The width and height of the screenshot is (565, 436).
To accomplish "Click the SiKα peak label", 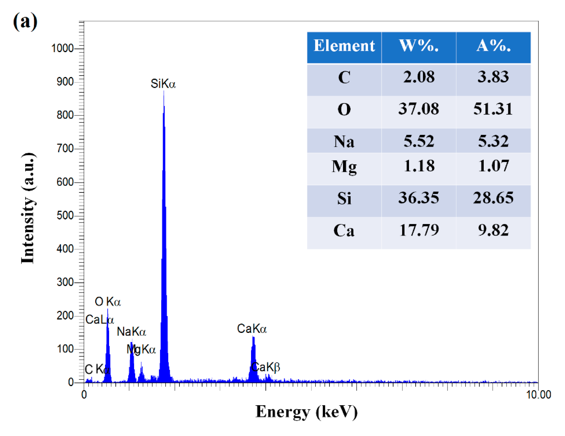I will point(163,84).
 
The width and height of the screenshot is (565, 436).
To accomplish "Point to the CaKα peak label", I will point(252,329).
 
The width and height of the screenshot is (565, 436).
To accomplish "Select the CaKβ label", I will point(266,367).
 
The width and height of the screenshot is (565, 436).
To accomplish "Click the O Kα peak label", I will point(108,302).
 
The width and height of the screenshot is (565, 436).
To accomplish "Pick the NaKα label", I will point(131,332).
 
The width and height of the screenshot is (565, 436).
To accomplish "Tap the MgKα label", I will point(141,349).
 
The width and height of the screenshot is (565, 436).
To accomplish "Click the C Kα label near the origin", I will point(97,369).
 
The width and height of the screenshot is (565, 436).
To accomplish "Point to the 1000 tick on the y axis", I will point(62,48).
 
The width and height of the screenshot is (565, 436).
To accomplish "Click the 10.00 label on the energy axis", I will point(538,395).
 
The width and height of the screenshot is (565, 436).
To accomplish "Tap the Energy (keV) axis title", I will point(306,412).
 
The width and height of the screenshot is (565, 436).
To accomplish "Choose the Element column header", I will point(344,46).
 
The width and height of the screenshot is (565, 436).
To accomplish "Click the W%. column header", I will point(419,46).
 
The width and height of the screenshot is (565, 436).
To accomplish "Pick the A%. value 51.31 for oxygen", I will point(493,109).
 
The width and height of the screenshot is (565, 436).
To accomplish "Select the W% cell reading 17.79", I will point(419,230).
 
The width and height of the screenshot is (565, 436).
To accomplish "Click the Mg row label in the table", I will point(344,166).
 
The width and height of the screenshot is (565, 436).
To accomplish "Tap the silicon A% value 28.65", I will point(493,198).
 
